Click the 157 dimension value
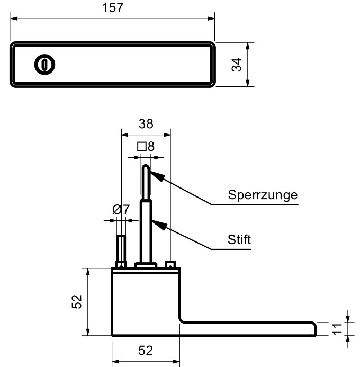[x=112, y=8]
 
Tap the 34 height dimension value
[x=238, y=65]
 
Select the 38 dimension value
[x=146, y=124]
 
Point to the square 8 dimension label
[x=146, y=146]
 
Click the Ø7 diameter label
[x=121, y=209]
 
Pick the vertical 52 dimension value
[x=78, y=302]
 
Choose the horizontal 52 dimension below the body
[x=146, y=351]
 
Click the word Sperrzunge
[x=263, y=194]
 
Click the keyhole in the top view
[x=44, y=64]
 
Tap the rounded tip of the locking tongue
[x=146, y=169]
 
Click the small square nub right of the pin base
[x=170, y=264]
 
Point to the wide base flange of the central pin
[x=146, y=265]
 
